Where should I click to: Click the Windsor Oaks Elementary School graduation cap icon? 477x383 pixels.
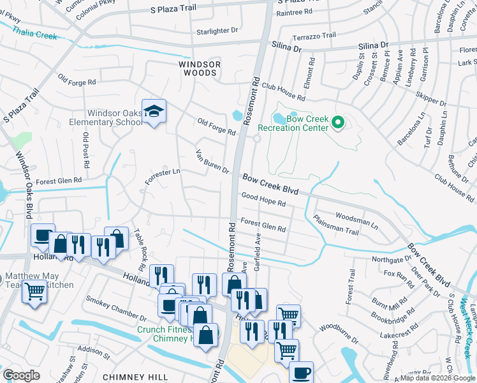(154, 112)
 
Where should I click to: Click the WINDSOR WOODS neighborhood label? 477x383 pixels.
(200, 69)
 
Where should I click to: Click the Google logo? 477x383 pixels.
(20, 375)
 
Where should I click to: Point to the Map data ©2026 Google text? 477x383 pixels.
(437, 378)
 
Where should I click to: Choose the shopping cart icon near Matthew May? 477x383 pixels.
(34, 292)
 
